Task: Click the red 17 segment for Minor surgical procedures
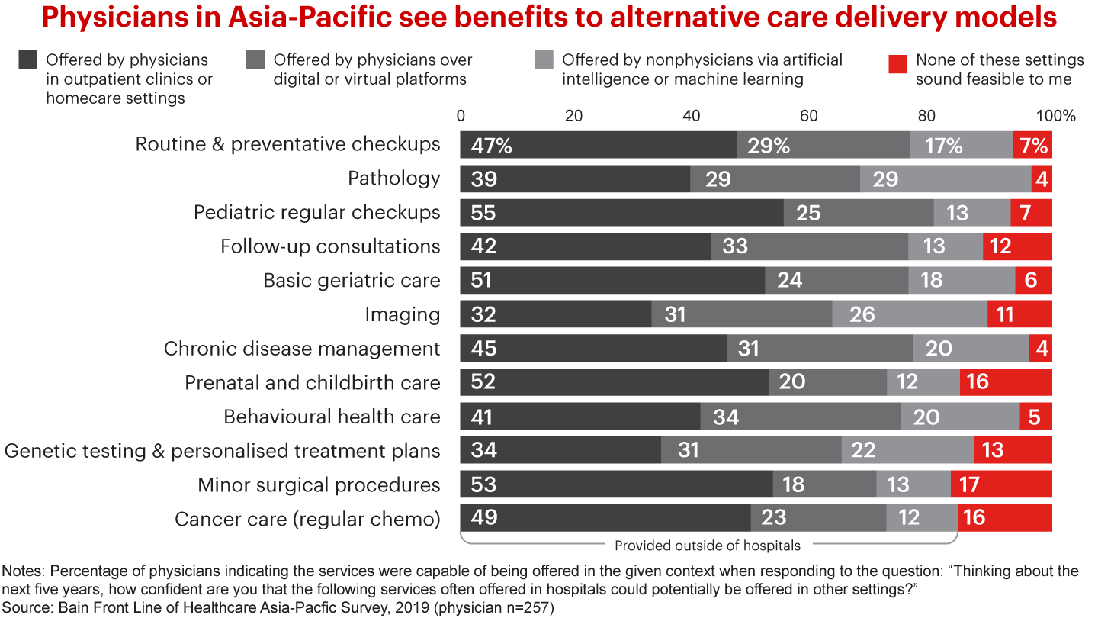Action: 1001,484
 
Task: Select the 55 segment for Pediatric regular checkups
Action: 621,213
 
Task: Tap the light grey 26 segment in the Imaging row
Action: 910,314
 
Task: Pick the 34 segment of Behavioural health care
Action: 800,417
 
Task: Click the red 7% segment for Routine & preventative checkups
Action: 1032,145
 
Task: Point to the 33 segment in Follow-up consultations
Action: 810,246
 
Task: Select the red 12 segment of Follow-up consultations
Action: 1017,246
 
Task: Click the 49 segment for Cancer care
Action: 605,518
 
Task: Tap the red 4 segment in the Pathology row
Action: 1042,179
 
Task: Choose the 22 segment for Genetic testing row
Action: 907,450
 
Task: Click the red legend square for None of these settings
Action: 898,60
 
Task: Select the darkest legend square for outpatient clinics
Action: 28,60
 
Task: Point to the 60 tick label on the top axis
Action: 808,117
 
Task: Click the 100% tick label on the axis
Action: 1056,117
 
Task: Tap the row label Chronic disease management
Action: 302,349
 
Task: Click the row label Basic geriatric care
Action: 352,281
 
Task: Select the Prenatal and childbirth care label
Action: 313,382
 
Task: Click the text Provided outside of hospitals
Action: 708,546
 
